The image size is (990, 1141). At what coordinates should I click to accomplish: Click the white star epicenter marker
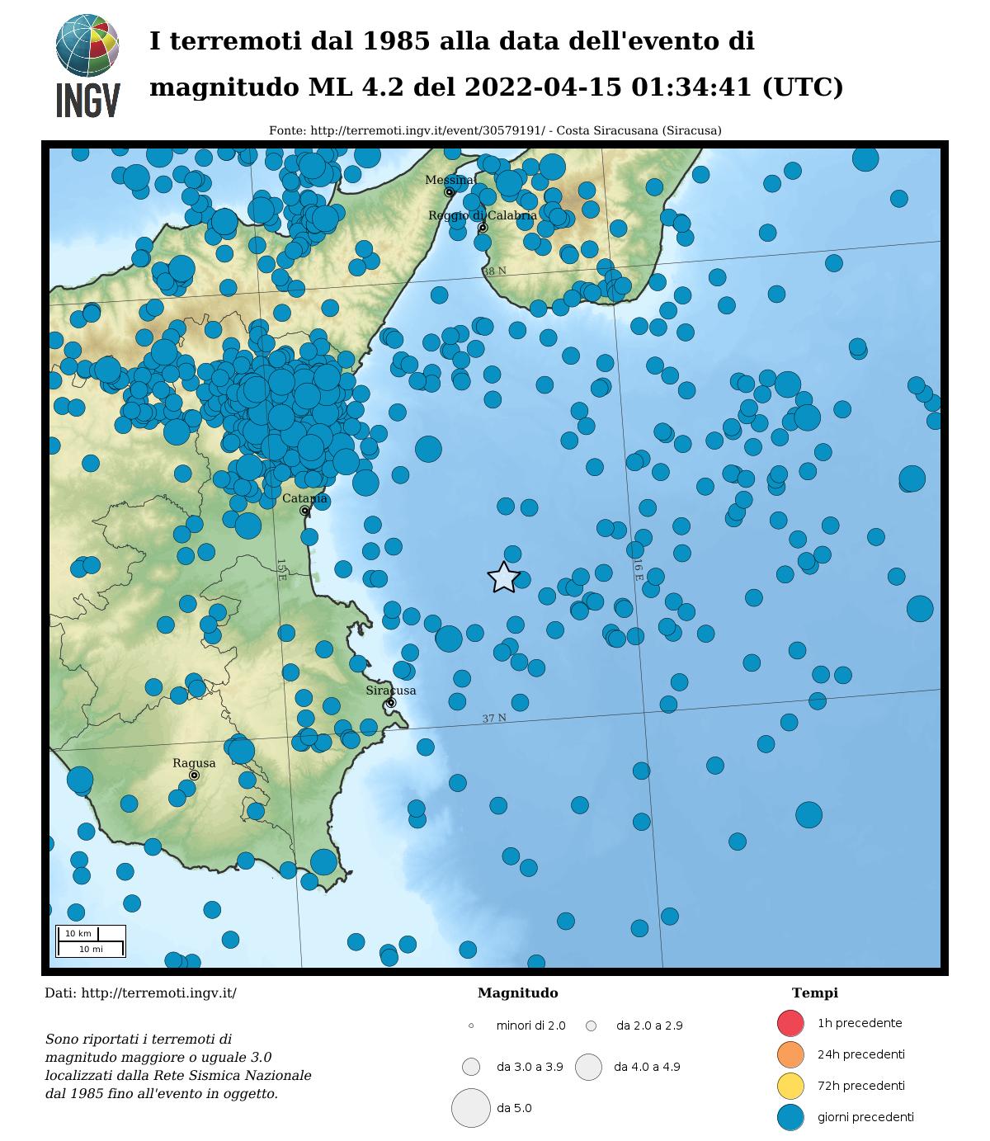tap(503, 578)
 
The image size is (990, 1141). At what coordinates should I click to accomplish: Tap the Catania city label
tap(304, 498)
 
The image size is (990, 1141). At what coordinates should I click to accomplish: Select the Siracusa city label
tap(391, 691)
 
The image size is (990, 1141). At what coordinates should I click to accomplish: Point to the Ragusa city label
tap(194, 763)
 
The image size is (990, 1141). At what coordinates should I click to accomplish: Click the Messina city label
tap(449, 180)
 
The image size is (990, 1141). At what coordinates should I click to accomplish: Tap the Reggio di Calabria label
tap(482, 215)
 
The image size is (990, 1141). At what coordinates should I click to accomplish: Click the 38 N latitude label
tap(494, 271)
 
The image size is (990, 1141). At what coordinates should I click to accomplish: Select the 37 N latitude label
tap(494, 719)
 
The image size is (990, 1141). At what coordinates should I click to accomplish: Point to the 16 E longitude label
tap(639, 569)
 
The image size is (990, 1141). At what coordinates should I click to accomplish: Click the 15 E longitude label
tap(280, 569)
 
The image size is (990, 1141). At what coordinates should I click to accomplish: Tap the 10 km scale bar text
tap(78, 933)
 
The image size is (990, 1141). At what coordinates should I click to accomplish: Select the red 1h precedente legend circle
tap(790, 1023)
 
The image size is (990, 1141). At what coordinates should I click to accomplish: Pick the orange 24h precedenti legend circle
tap(790, 1054)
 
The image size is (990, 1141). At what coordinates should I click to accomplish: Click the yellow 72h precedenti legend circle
tap(790, 1086)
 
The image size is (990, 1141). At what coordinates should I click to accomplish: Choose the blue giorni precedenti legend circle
tap(790, 1117)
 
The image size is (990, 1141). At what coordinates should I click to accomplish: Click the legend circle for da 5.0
tap(471, 1108)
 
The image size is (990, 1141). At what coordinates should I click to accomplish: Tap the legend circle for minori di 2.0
tap(471, 1025)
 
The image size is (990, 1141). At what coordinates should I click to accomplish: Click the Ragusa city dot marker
tap(194, 776)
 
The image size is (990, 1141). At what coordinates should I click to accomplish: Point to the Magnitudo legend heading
tap(517, 993)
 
